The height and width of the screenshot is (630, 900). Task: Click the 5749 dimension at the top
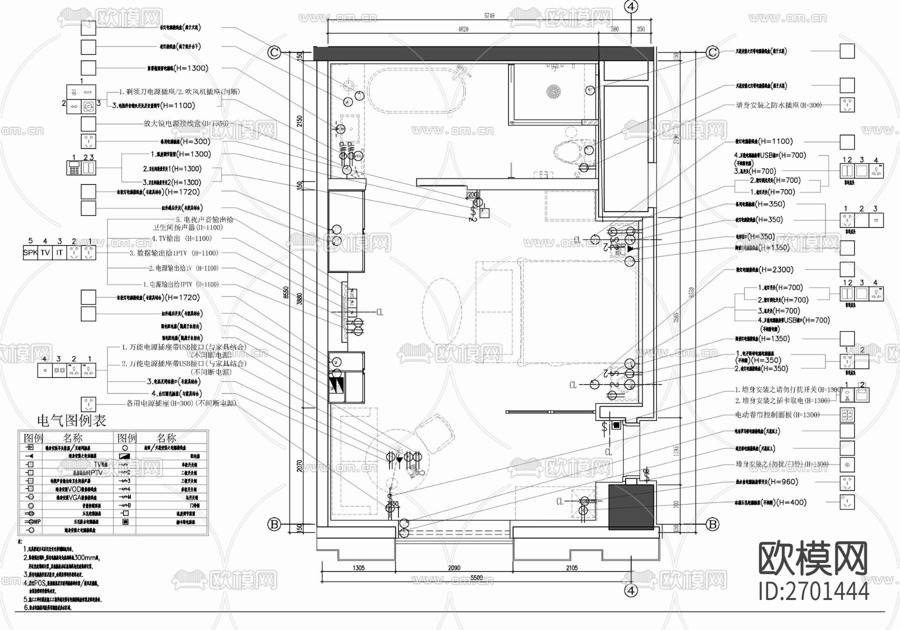(x=489, y=16)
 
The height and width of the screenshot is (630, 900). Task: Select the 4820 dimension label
(x=463, y=29)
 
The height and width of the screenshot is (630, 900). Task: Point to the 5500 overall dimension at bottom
(x=476, y=577)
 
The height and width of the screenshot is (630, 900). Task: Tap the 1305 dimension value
(x=358, y=567)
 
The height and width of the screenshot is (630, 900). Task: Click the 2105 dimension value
(x=571, y=567)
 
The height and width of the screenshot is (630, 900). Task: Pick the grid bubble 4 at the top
(x=631, y=6)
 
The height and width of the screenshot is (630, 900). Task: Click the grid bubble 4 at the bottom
(x=631, y=590)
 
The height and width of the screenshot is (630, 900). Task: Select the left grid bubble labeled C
(x=274, y=52)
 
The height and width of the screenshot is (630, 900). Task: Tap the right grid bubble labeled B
(x=712, y=524)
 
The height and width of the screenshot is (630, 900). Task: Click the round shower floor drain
(x=554, y=92)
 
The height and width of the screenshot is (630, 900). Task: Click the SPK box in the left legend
(x=30, y=253)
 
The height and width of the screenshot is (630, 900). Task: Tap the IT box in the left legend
(x=59, y=253)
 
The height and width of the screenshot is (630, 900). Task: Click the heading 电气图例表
(x=72, y=420)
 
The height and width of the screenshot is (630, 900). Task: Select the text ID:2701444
(x=813, y=591)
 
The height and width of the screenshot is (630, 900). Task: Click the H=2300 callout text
(x=775, y=269)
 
